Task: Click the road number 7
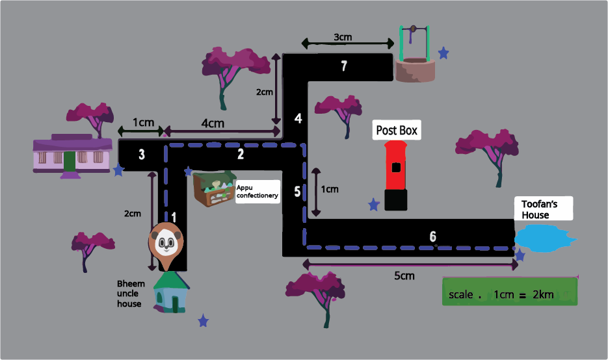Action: coord(344,65)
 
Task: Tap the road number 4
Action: coord(298,118)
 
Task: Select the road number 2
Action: coord(241,154)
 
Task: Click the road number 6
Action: coord(433,236)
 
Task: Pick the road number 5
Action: coord(298,192)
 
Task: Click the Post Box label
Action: coord(396,130)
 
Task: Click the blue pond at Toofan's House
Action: coord(545,238)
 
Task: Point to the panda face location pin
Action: coord(166,242)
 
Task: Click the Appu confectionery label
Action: coord(257,191)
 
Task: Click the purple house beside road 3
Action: coord(72,155)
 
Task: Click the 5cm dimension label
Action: coord(404,276)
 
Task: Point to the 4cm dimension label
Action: coord(213,123)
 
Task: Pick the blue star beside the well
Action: coord(443,53)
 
